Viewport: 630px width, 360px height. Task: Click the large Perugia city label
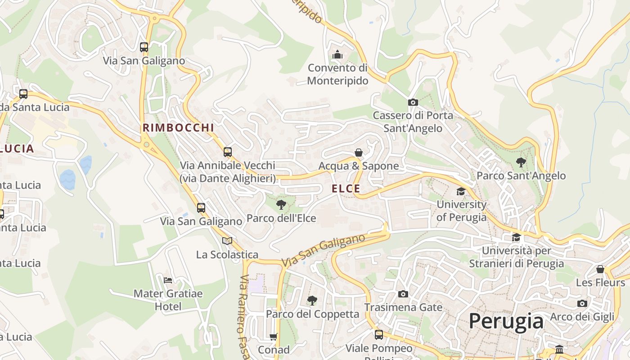click(506, 321)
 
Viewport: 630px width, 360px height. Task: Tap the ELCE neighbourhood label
click(346, 189)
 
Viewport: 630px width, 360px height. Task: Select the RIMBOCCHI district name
click(178, 128)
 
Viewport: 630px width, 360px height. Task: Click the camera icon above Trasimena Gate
click(403, 294)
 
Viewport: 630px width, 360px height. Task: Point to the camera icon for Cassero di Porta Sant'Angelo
click(413, 102)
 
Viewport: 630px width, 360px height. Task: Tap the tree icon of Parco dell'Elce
click(281, 205)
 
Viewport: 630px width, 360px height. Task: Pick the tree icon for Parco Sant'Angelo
click(521, 162)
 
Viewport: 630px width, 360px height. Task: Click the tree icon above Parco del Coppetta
click(312, 300)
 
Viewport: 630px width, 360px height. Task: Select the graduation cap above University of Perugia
click(461, 191)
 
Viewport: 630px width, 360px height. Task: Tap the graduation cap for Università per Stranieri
click(516, 237)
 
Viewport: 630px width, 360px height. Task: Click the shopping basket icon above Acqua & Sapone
click(359, 153)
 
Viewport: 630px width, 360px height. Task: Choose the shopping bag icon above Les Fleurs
click(600, 269)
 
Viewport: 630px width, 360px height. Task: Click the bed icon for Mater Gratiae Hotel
click(168, 280)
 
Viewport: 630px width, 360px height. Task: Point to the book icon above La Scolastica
click(227, 241)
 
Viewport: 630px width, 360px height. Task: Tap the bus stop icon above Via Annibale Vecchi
click(228, 152)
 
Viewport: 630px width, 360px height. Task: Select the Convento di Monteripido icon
click(337, 55)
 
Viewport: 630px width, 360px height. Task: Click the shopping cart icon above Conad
click(274, 336)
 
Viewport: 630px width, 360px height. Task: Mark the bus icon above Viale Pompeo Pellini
click(379, 334)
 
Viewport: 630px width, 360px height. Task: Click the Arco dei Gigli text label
click(582, 317)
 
